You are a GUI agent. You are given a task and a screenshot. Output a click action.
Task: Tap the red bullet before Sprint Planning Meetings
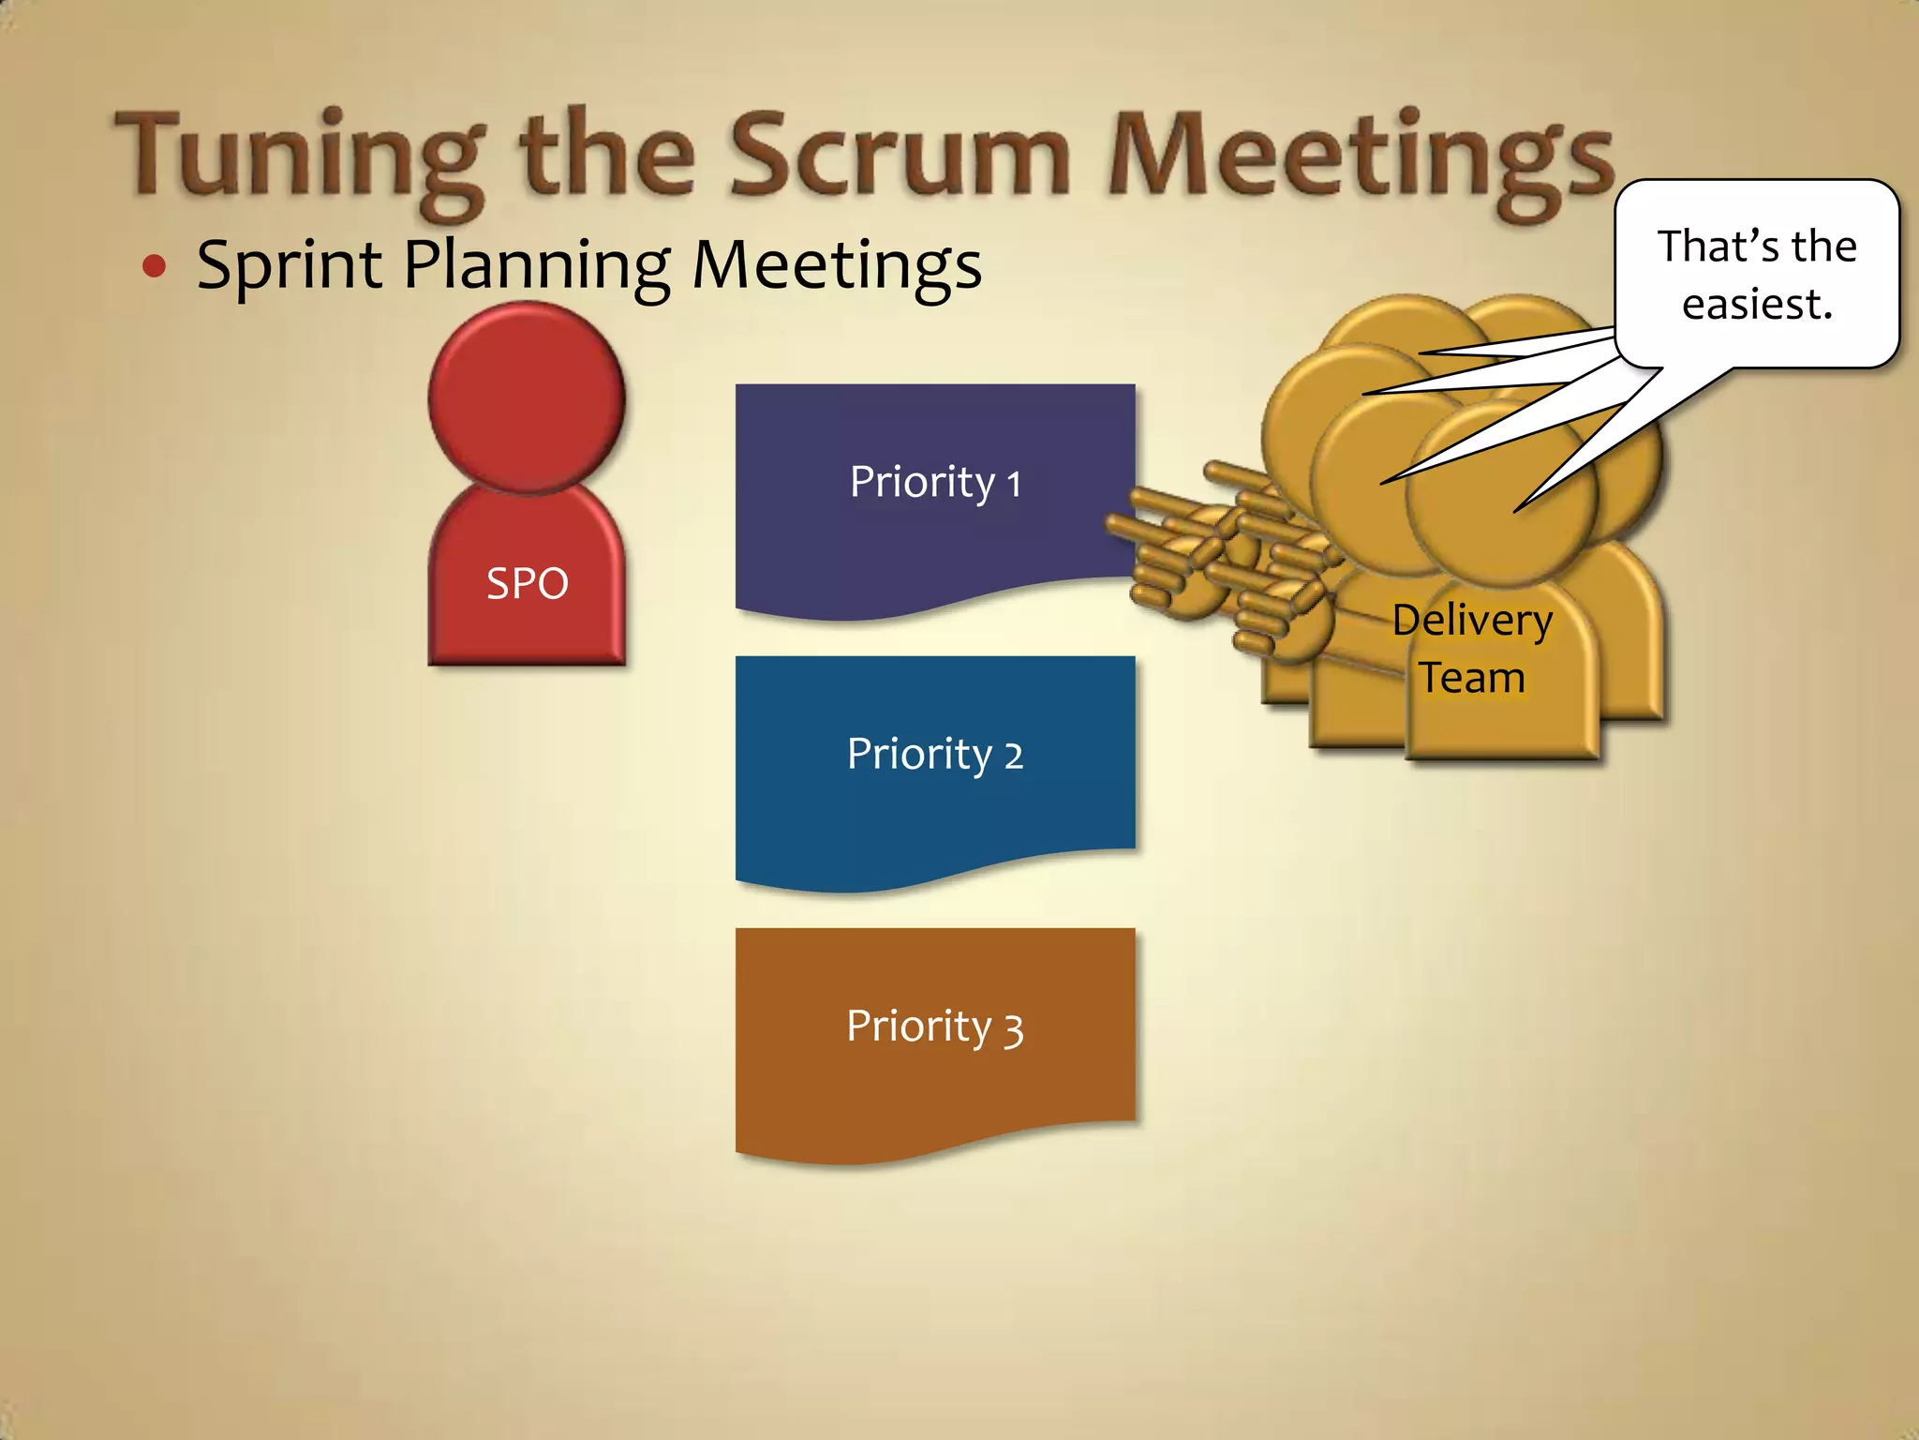click(x=155, y=266)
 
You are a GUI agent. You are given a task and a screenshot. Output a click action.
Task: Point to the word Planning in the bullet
click(x=537, y=265)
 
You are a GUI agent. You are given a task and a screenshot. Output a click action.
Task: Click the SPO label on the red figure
click(x=527, y=583)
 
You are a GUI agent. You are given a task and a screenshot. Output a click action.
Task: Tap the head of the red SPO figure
click(x=527, y=397)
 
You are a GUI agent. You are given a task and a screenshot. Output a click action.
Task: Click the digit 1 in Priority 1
click(x=1013, y=485)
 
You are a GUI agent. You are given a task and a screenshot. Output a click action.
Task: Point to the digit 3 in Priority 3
click(x=1013, y=1028)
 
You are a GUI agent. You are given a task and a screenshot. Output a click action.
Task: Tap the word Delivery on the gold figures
click(x=1472, y=621)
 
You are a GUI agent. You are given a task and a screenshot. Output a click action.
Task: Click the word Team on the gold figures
click(x=1472, y=678)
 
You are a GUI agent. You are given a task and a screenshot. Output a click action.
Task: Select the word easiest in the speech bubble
click(x=1757, y=304)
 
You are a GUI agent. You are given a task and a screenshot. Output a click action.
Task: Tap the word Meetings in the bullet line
click(x=837, y=265)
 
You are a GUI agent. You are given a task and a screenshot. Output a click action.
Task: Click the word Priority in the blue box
click(x=919, y=755)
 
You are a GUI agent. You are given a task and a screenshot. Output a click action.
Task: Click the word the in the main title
click(x=607, y=155)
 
